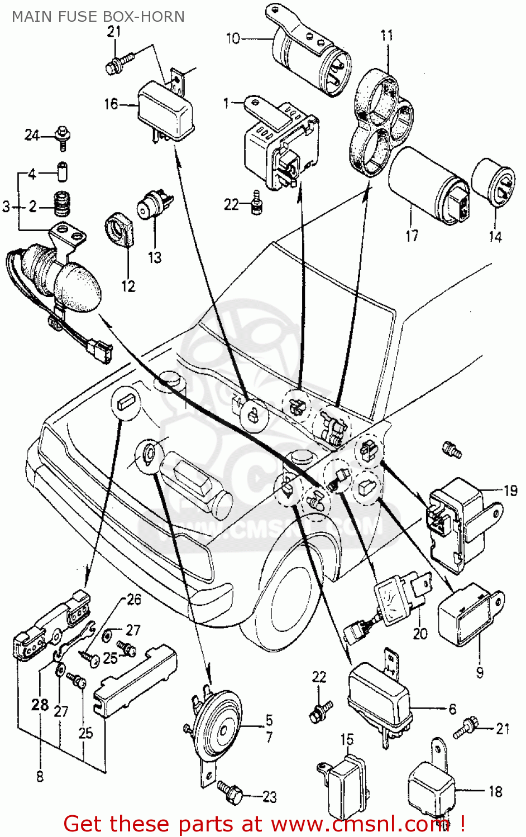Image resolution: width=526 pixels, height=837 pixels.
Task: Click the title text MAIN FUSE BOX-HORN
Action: (x=98, y=17)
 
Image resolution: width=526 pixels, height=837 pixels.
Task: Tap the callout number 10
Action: (x=233, y=39)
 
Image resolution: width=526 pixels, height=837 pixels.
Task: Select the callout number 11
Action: (x=387, y=36)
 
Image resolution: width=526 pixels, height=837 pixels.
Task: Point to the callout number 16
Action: (x=111, y=104)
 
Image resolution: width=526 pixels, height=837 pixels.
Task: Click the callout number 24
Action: (x=32, y=135)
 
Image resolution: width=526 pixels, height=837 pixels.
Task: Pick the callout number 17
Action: (x=412, y=236)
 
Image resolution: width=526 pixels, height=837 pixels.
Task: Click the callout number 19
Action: (x=510, y=491)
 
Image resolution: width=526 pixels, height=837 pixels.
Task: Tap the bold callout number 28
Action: (x=40, y=705)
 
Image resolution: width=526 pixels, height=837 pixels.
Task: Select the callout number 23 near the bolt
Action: (x=269, y=797)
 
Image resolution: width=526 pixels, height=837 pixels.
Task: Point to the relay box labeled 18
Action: (x=432, y=790)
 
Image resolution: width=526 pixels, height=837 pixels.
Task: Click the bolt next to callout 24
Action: (x=63, y=136)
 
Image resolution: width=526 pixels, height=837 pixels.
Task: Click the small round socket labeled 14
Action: (x=494, y=181)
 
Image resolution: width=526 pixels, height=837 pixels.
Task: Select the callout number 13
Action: (x=155, y=257)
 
